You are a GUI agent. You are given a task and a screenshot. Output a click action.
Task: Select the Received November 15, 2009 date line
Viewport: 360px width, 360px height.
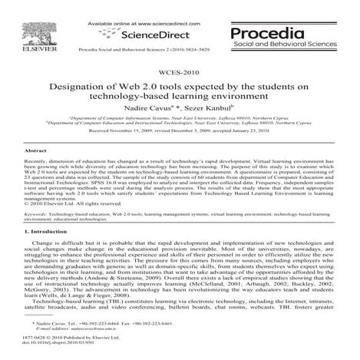[x=180, y=131]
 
